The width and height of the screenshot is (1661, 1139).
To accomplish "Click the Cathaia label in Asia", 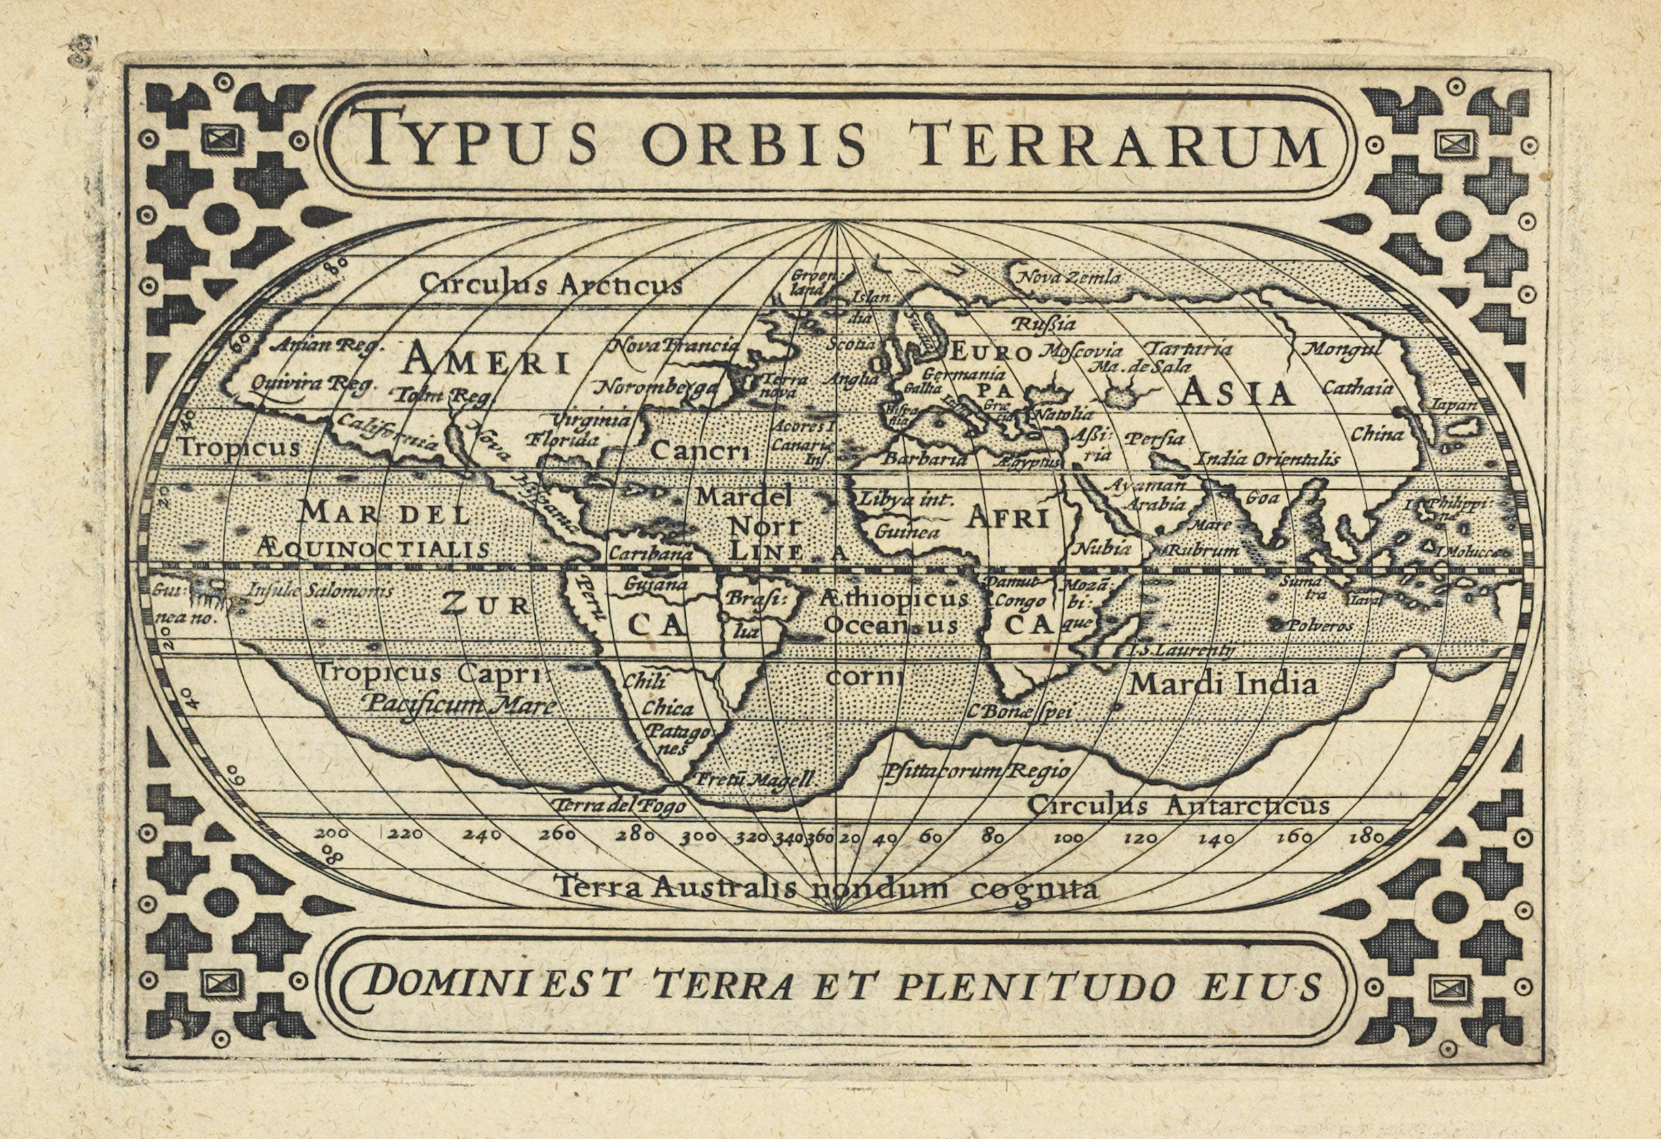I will (1357, 388).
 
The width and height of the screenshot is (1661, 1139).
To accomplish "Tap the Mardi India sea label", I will (1223, 684).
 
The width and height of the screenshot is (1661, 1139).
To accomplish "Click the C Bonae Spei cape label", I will (1022, 712).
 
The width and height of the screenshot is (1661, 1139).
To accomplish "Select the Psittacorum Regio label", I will (976, 771).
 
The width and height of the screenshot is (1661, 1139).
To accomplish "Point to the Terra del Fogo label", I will (618, 807).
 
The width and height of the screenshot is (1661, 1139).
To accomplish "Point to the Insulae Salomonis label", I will (319, 591).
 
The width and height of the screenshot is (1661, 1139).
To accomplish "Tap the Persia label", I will (1154, 438).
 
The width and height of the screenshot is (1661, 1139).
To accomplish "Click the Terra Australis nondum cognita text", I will (825, 889).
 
